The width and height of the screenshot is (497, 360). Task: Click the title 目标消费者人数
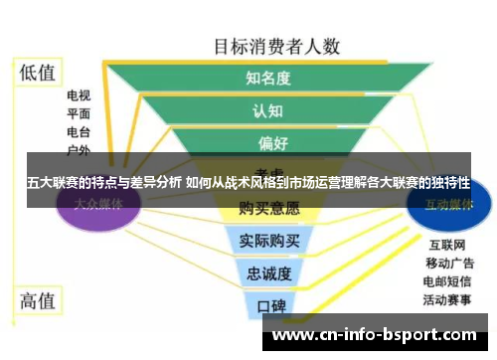pyautogui.click(x=277, y=47)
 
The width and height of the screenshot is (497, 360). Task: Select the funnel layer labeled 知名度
pyautogui.click(x=267, y=78)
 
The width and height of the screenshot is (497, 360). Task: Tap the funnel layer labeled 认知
pyautogui.click(x=267, y=110)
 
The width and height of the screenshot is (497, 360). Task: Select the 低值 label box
pyautogui.click(x=39, y=72)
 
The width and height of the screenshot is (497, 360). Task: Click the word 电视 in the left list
pyautogui.click(x=79, y=96)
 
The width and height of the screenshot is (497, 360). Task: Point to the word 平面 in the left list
pyautogui.click(x=79, y=114)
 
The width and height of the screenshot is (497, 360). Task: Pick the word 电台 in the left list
pyautogui.click(x=79, y=132)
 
